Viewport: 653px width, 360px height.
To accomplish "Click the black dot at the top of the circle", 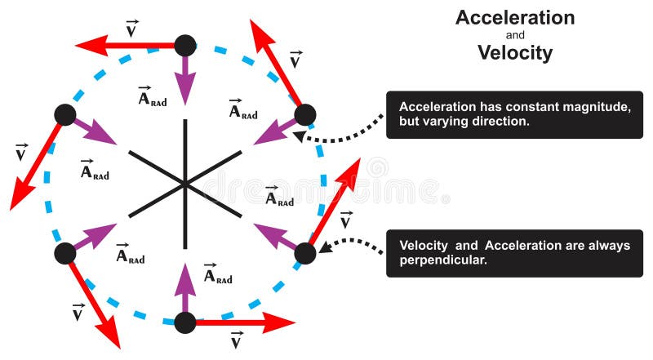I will coord(186,46).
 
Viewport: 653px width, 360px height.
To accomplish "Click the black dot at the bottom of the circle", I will coord(186,322).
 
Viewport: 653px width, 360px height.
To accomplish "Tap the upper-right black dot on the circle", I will coord(304,114).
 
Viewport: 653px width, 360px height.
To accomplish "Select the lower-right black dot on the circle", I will coord(304,253).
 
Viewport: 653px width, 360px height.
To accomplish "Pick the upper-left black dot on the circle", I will coord(65,115).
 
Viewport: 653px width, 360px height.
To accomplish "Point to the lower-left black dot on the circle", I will coord(65,253).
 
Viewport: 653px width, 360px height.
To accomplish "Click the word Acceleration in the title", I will coord(514,18).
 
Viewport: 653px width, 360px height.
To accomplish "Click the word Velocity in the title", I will coord(514,54).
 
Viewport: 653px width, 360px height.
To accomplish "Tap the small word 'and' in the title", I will coord(514,36).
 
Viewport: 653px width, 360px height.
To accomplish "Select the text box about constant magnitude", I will coord(514,114).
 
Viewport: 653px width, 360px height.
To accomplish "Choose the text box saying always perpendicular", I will coord(514,253).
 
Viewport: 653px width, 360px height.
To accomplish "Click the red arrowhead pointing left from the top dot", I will coord(88,46).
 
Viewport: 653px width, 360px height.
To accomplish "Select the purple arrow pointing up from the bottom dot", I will coord(186,286).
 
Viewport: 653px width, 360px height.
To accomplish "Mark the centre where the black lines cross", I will coord(186,184).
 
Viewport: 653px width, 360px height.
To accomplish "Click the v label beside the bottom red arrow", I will coord(237,340).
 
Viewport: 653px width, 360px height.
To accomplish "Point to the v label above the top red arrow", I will coord(131,30).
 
